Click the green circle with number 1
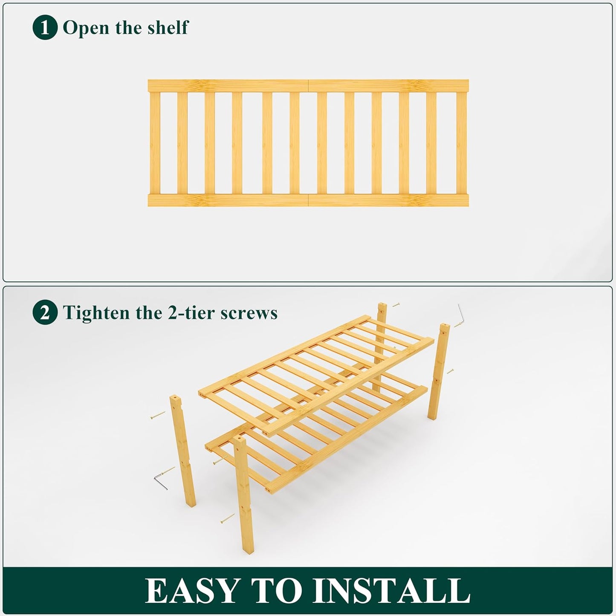coord(45,28)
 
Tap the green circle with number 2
coord(45,313)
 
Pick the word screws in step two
coord(249,313)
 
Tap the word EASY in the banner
coord(192,590)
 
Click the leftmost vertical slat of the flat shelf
coord(155,143)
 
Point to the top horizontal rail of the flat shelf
coord(308,85)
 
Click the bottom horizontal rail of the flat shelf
coord(308,200)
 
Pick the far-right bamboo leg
coord(439,371)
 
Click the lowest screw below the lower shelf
coord(228,518)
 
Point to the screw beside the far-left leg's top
coord(157,415)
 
